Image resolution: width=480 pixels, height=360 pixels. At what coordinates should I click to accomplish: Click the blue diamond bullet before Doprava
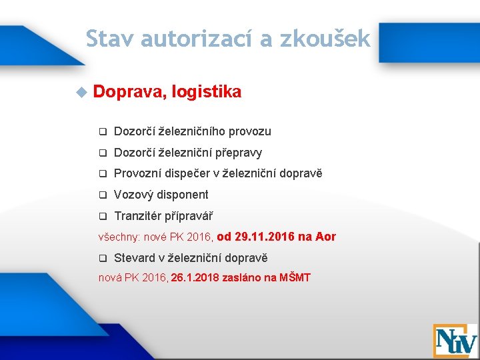coord(81,92)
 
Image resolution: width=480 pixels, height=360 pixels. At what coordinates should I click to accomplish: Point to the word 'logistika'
coord(206,92)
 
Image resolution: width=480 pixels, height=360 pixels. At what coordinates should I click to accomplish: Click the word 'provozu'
coord(249,132)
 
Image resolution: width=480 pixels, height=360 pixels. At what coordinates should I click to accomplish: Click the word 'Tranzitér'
coord(137,216)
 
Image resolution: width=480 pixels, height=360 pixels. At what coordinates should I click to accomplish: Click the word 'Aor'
coord(326,237)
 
